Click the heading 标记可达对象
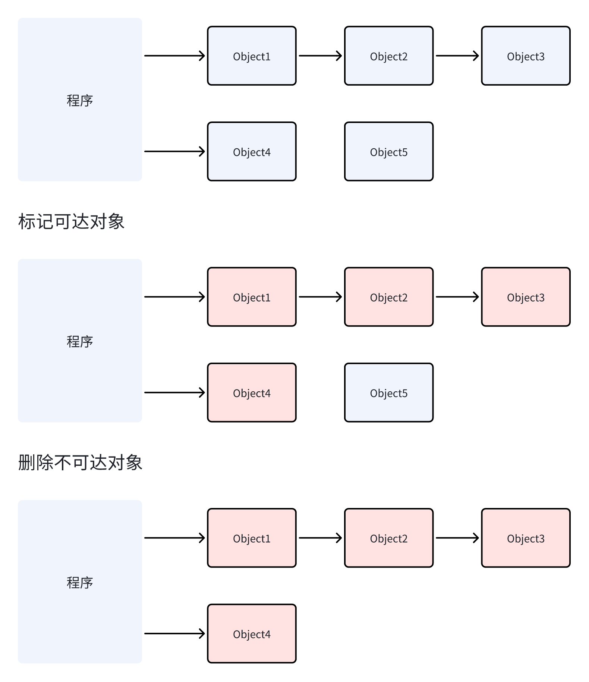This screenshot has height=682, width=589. click(x=71, y=221)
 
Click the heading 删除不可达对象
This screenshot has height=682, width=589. click(x=80, y=462)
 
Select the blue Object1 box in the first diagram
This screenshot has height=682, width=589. click(x=252, y=56)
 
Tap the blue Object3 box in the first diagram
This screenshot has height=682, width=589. click(x=526, y=56)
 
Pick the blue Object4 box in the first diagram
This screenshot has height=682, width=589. click(x=252, y=152)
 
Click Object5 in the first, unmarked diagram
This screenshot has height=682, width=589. click(x=388, y=152)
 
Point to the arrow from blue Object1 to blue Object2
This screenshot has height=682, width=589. click(x=320, y=56)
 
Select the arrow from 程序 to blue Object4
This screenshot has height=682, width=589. click(x=174, y=151)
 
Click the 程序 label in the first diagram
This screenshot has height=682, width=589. click(x=80, y=101)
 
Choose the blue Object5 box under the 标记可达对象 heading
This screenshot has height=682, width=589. click(x=388, y=393)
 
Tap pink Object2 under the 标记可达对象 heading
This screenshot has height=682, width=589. click(x=388, y=297)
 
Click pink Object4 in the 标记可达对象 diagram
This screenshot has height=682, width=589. click(x=252, y=393)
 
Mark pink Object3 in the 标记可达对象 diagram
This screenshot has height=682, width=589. click(x=526, y=297)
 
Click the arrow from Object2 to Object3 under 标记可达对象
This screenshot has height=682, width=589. click(x=457, y=297)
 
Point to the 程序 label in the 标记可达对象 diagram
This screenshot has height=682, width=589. click(x=80, y=342)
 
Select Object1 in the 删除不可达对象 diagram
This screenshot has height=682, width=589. click(x=252, y=538)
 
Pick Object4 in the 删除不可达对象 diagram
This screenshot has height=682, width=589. click(x=252, y=634)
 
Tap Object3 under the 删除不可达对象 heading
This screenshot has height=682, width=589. click(x=526, y=538)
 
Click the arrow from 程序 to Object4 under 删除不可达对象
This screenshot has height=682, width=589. click(x=174, y=634)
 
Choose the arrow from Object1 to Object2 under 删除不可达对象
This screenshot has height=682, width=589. click(x=320, y=538)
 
